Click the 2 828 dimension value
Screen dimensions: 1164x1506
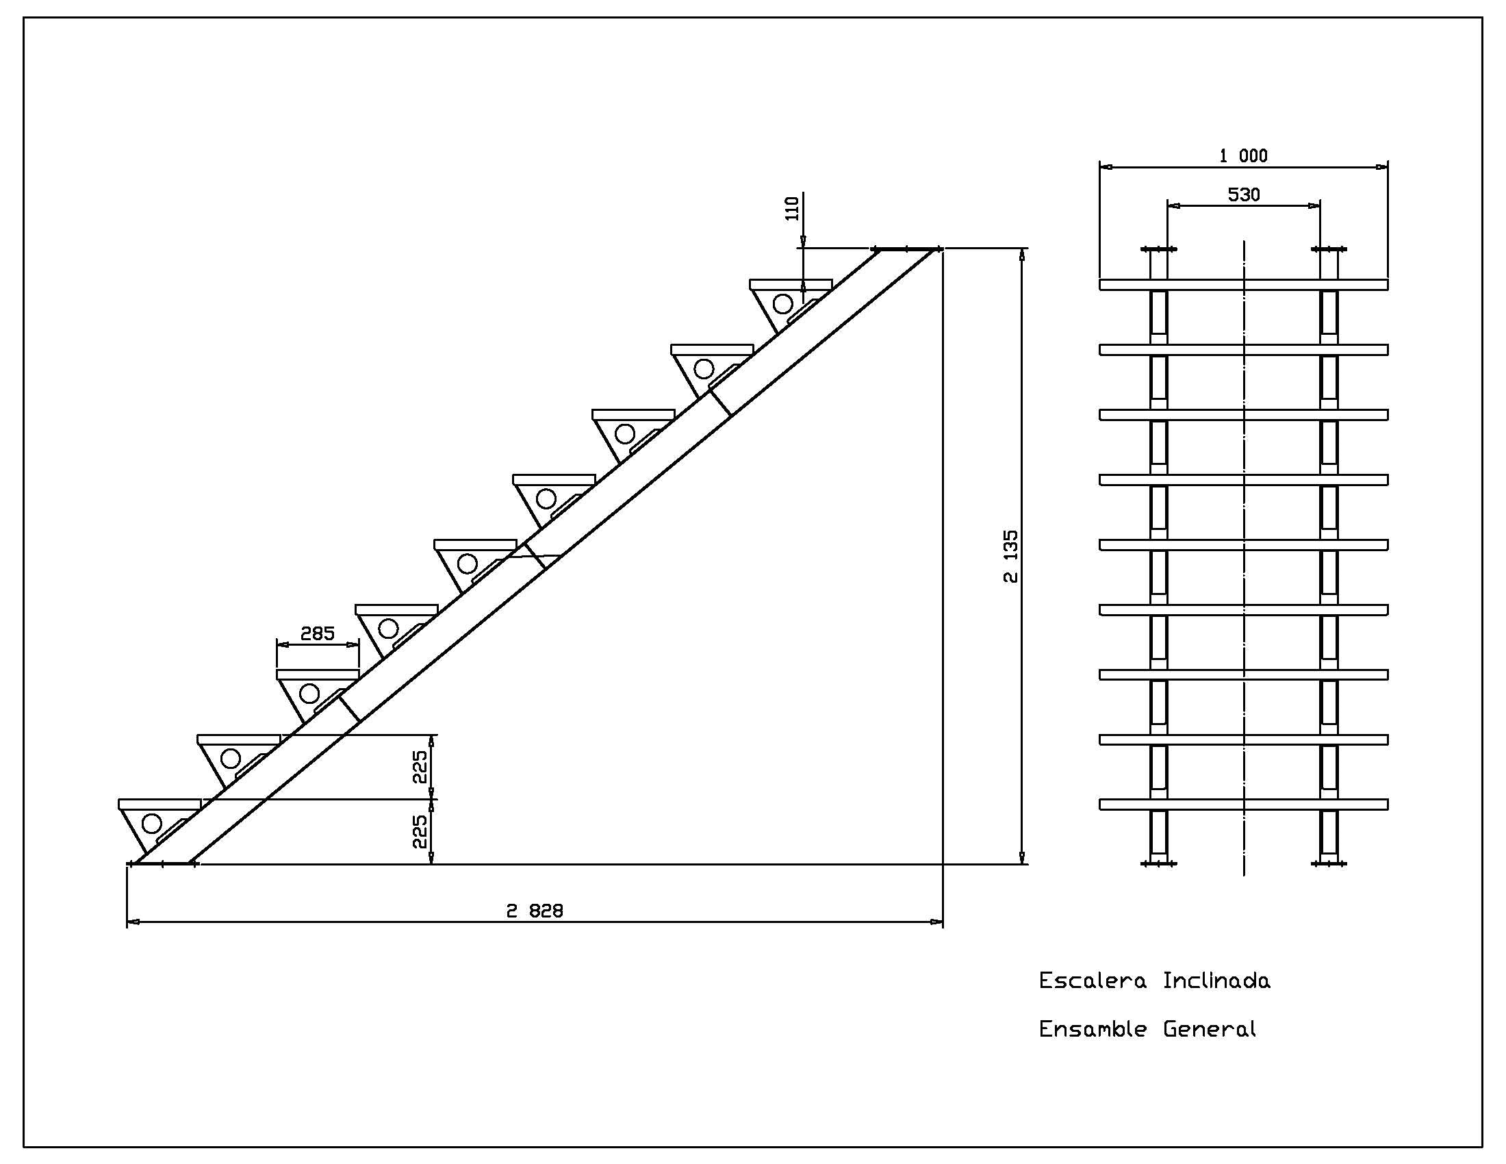coord(535,911)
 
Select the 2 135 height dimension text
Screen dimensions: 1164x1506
coord(1010,556)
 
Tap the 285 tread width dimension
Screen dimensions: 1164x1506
coord(317,633)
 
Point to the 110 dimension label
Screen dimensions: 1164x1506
coord(792,208)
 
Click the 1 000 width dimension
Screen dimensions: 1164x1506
coord(1243,156)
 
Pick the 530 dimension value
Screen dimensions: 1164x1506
coord(1243,194)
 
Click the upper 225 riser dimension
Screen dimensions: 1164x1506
coord(420,767)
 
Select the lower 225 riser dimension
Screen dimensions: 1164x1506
coord(420,832)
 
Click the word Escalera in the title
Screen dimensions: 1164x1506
coord(1093,980)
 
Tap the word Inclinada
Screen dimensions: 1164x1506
coord(1216,980)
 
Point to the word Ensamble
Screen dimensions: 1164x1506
coord(1093,1030)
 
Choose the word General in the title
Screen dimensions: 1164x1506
coord(1210,1030)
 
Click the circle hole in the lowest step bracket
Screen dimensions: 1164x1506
coord(152,823)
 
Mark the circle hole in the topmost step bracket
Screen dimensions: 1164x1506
coord(782,303)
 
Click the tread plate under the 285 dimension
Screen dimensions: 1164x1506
coord(317,674)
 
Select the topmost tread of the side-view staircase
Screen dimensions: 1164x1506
coord(790,284)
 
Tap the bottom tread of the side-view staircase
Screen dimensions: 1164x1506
coord(159,804)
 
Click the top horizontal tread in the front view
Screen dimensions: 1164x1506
coord(1243,285)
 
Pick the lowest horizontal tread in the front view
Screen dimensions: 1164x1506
coord(1243,804)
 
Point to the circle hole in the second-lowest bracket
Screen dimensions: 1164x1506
coord(230,759)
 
